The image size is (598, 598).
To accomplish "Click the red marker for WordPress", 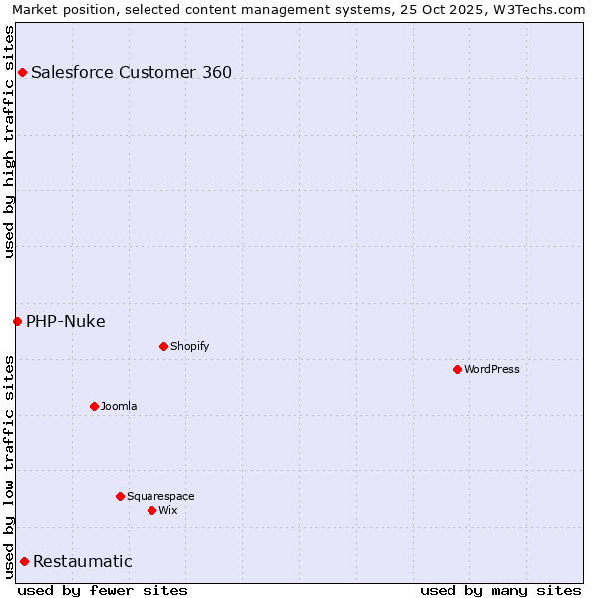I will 457,369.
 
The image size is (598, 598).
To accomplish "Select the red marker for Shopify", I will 163,346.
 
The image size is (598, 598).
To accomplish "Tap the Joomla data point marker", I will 94,406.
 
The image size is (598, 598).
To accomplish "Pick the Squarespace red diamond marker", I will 120,496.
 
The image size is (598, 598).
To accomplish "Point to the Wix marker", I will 151,510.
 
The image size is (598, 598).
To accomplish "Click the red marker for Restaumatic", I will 24,561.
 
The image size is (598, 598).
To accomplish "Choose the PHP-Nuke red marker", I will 17,321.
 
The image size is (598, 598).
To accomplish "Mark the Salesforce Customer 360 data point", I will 22,72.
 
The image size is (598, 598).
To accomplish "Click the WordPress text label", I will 492,369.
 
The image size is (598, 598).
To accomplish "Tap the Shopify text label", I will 189,346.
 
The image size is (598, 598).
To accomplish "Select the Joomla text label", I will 119,406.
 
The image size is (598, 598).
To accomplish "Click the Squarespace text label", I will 160,496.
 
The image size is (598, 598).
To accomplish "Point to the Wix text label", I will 167,510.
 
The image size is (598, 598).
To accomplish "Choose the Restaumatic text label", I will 83,561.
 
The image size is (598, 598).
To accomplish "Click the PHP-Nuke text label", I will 66,321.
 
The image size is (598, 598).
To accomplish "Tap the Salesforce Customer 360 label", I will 132,72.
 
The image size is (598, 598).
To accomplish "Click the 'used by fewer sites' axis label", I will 103,590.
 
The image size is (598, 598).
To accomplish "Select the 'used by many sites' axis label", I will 500,590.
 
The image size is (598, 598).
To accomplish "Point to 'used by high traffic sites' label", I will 9,141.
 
